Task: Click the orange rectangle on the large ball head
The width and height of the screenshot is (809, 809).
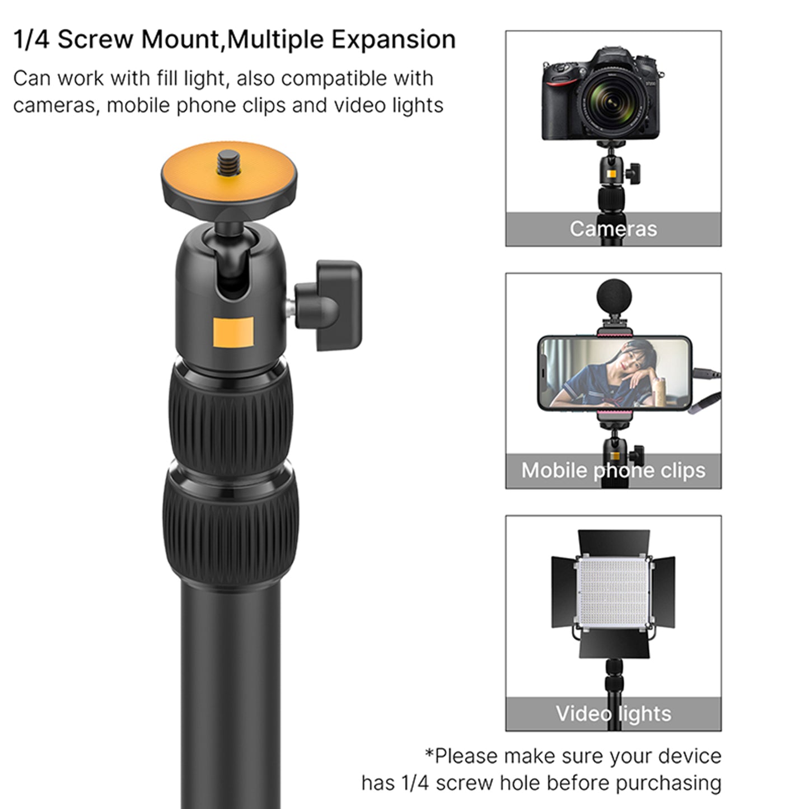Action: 233,331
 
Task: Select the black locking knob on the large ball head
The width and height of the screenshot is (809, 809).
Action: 333,305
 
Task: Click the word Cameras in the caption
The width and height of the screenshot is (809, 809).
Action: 613,229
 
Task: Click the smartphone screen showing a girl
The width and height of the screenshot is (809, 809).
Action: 614,373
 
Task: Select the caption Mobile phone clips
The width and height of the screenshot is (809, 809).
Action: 613,470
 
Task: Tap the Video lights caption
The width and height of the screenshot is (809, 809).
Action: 613,714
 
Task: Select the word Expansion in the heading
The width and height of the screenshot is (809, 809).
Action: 393,40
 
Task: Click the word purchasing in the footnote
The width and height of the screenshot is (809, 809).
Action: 668,783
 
